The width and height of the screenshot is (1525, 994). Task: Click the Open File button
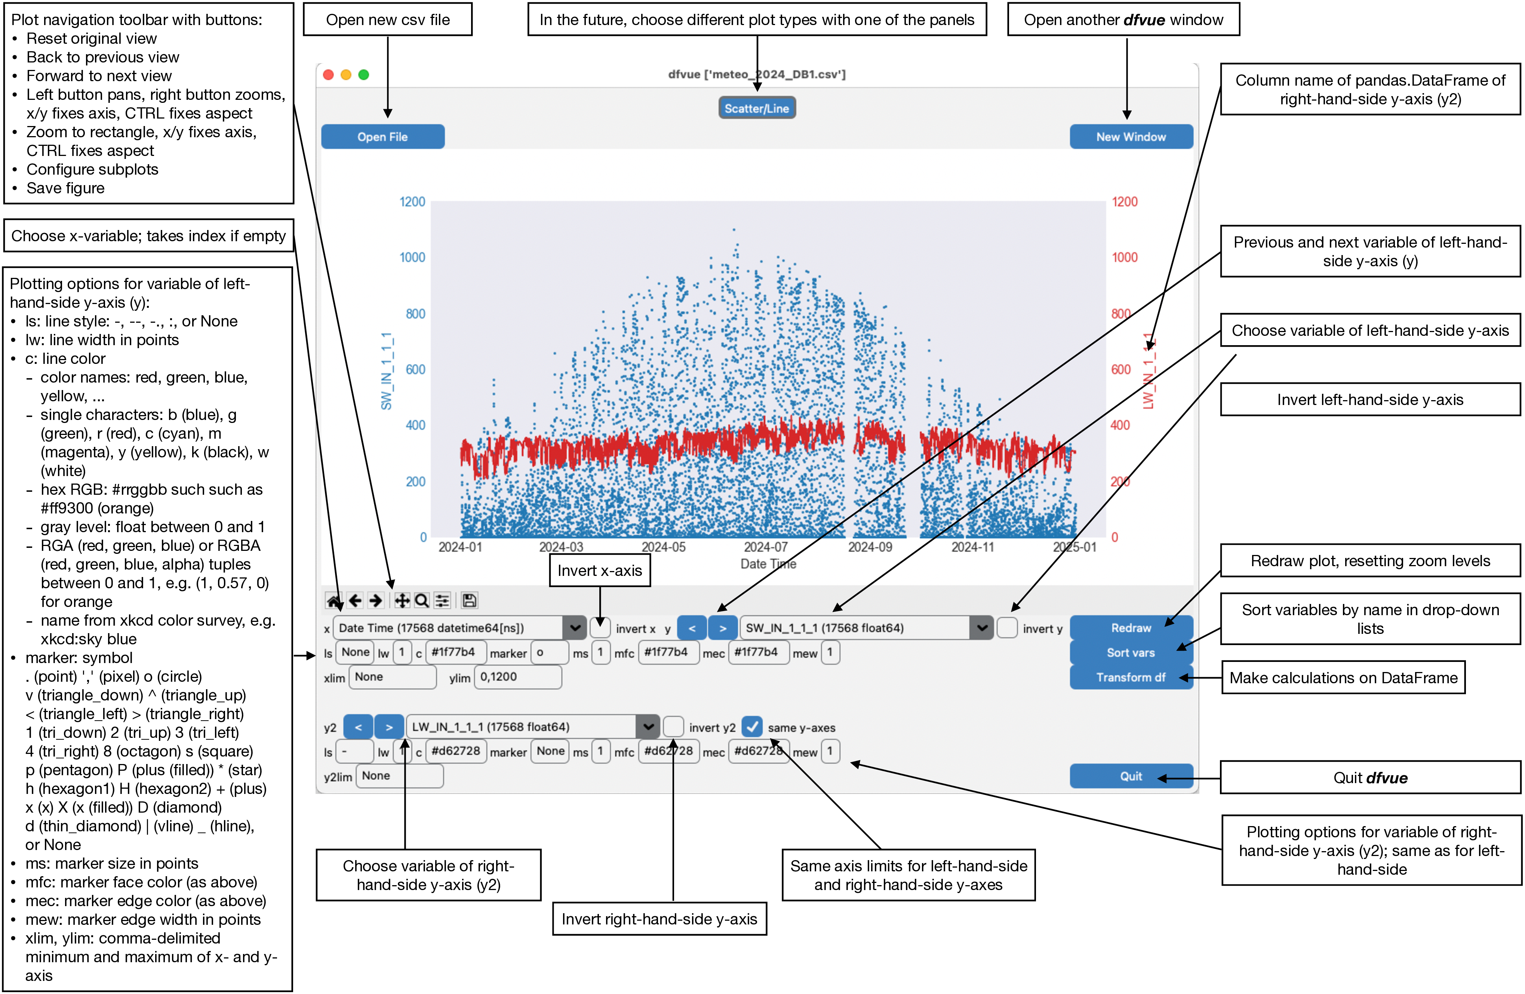click(382, 136)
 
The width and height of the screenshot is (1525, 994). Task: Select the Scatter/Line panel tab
click(757, 108)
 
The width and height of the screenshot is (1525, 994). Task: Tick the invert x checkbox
click(600, 628)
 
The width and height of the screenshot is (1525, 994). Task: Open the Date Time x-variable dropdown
click(575, 628)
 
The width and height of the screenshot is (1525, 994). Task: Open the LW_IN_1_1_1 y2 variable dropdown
click(648, 727)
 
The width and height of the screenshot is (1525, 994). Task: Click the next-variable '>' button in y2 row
click(389, 727)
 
